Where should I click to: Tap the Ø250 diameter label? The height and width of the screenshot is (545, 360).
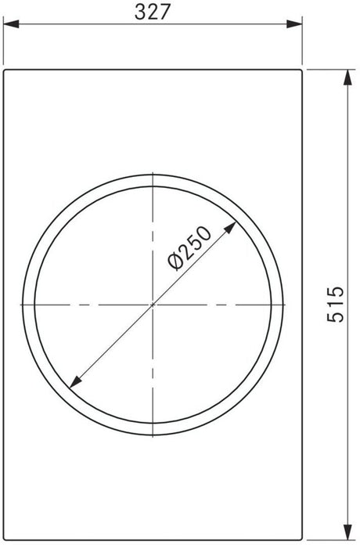tap(190, 248)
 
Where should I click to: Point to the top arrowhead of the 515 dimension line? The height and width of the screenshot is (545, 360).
tap(345, 75)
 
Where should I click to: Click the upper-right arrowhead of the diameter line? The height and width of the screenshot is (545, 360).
tap(232, 226)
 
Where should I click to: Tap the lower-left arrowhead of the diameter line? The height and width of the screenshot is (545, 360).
tap(76, 381)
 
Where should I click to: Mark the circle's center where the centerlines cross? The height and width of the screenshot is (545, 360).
tap(154, 303)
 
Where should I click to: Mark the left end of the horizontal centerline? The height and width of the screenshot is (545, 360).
tap(17, 303)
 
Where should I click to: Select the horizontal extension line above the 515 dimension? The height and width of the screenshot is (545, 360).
tap(329, 68)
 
